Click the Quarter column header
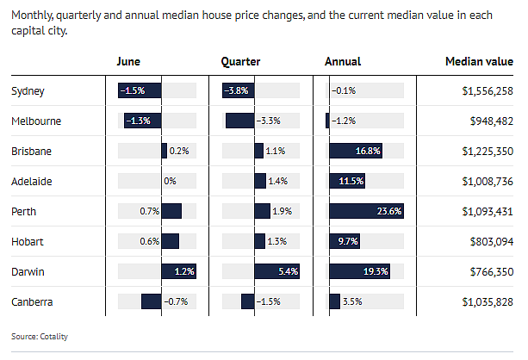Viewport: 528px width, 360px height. pos(240,62)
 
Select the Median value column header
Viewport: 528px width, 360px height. pos(479,62)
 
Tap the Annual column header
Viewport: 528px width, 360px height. pos(343,62)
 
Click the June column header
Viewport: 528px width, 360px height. pos(128,62)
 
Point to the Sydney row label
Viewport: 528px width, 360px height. pos(28,91)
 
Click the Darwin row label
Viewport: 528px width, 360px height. pos(28,272)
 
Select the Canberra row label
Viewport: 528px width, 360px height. pos(32,301)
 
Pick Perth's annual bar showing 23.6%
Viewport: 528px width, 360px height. pos(366,211)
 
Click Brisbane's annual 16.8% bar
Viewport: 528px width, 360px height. pos(356,151)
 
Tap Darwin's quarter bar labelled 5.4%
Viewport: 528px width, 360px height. pos(276,271)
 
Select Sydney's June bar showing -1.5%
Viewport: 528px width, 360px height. pos(140,90)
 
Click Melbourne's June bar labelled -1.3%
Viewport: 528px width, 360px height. pos(143,121)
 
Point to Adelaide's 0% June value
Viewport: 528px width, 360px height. pos(170,181)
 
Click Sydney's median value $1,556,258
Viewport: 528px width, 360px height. pos(488,91)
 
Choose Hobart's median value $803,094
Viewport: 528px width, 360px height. pos(492,241)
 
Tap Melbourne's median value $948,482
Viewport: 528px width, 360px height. pos(492,121)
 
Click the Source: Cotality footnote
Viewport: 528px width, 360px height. pos(40,337)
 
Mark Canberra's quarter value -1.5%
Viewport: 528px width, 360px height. pos(269,301)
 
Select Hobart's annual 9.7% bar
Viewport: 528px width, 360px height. pos(345,241)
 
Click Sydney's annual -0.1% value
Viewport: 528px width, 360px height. pos(344,90)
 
